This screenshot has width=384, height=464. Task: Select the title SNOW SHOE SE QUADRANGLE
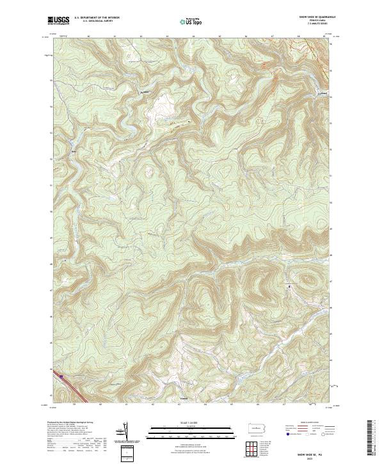pos(316,17)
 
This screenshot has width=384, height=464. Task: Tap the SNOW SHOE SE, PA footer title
pos(313,452)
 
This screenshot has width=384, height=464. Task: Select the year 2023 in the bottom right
pos(313,457)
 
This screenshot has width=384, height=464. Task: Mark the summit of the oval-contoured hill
pos(309,280)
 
